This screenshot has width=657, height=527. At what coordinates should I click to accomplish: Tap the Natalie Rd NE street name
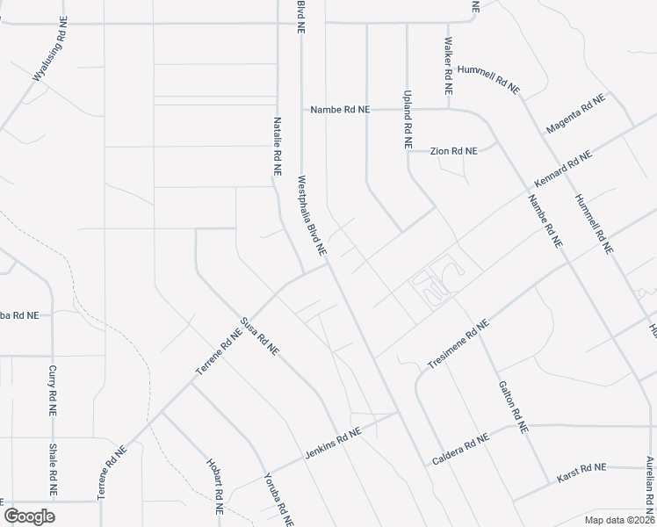[278, 150]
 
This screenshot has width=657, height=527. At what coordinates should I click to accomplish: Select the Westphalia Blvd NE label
[312, 215]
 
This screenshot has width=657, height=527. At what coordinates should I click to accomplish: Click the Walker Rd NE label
[448, 66]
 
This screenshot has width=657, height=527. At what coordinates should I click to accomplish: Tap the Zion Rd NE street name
[454, 151]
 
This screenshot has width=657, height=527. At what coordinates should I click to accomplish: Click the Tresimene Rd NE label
[451, 344]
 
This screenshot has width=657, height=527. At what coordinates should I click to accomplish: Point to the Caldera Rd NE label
[459, 451]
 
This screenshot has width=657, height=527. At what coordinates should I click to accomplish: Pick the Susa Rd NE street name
[260, 336]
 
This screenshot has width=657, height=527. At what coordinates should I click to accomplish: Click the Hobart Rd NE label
[214, 486]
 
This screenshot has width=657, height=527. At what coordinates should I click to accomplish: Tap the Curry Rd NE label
[53, 390]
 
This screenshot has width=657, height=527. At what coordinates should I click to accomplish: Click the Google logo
[29, 516]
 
